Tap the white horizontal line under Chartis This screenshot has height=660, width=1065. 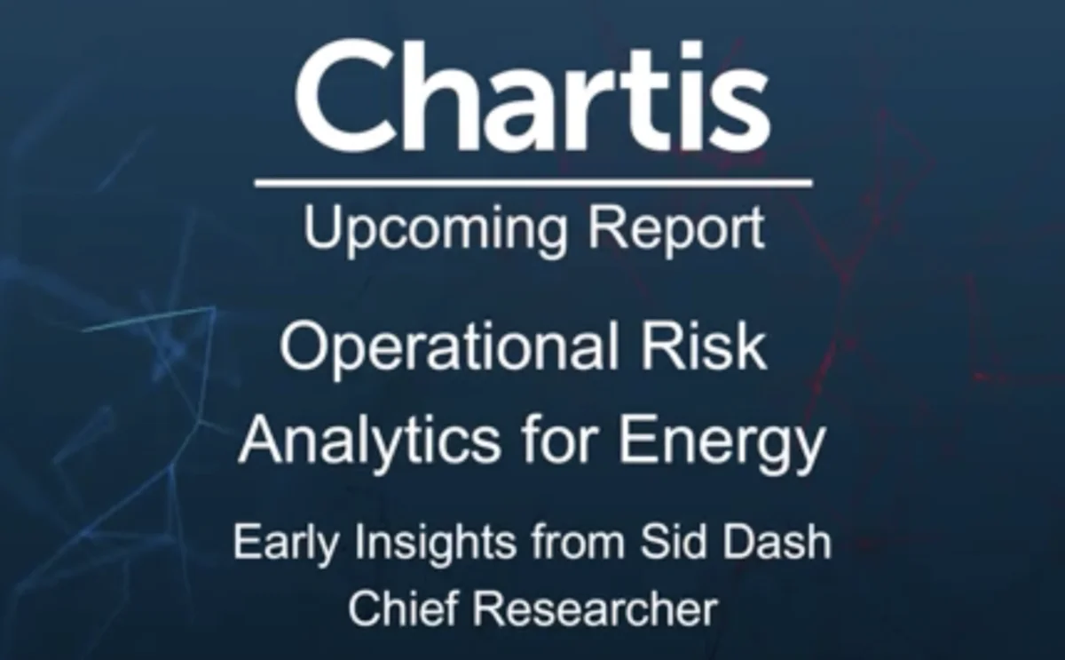tap(532, 184)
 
